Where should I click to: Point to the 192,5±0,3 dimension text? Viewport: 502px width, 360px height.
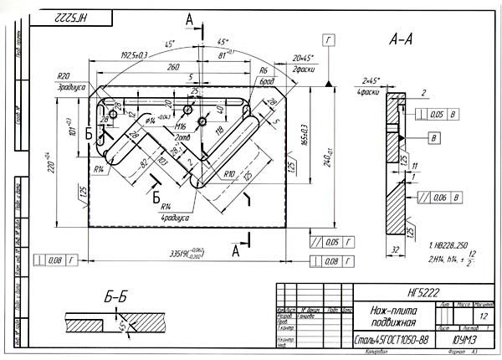135,55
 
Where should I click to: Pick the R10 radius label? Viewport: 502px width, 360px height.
228,173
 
